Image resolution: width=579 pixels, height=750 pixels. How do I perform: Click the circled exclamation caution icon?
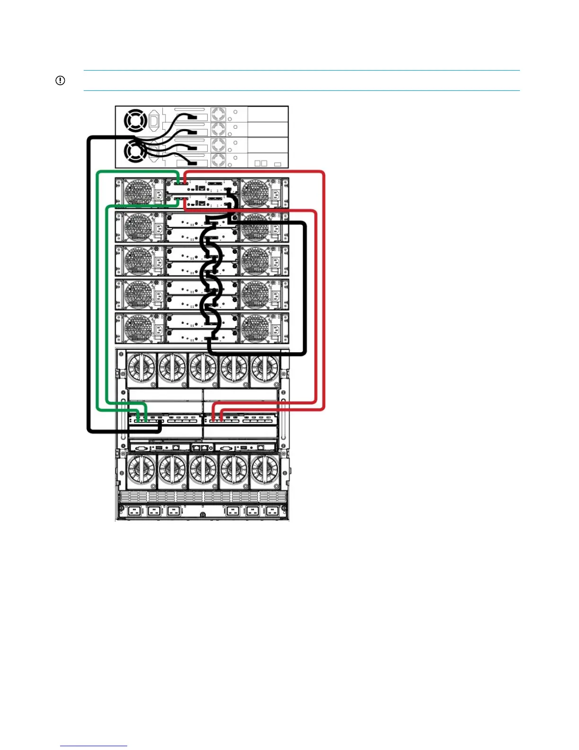click(x=60, y=80)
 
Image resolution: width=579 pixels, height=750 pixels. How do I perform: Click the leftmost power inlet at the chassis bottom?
click(x=133, y=511)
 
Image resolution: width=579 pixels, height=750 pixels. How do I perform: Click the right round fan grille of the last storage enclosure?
click(x=255, y=328)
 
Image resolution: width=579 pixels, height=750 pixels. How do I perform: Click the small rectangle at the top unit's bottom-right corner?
click(x=278, y=164)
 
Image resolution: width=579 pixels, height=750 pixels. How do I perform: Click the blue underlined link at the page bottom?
click(x=94, y=746)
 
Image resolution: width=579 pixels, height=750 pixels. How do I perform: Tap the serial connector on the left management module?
click(x=141, y=447)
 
